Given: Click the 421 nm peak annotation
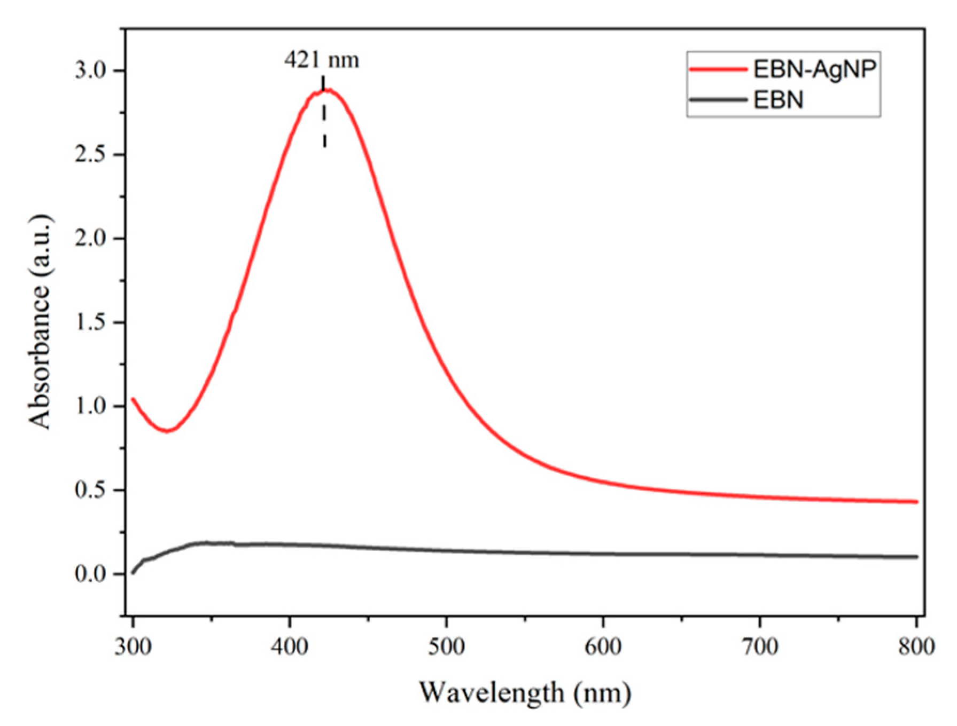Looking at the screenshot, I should (x=322, y=60).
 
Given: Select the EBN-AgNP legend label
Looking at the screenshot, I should (x=815, y=70).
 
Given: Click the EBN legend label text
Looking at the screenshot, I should (x=778, y=100).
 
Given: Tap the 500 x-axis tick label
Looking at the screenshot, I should (x=446, y=646).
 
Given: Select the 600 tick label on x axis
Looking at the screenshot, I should (x=603, y=646).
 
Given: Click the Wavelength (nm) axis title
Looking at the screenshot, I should (x=525, y=693).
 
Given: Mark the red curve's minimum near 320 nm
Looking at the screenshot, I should (x=168, y=430).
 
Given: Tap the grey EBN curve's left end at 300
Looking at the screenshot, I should (x=134, y=572).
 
